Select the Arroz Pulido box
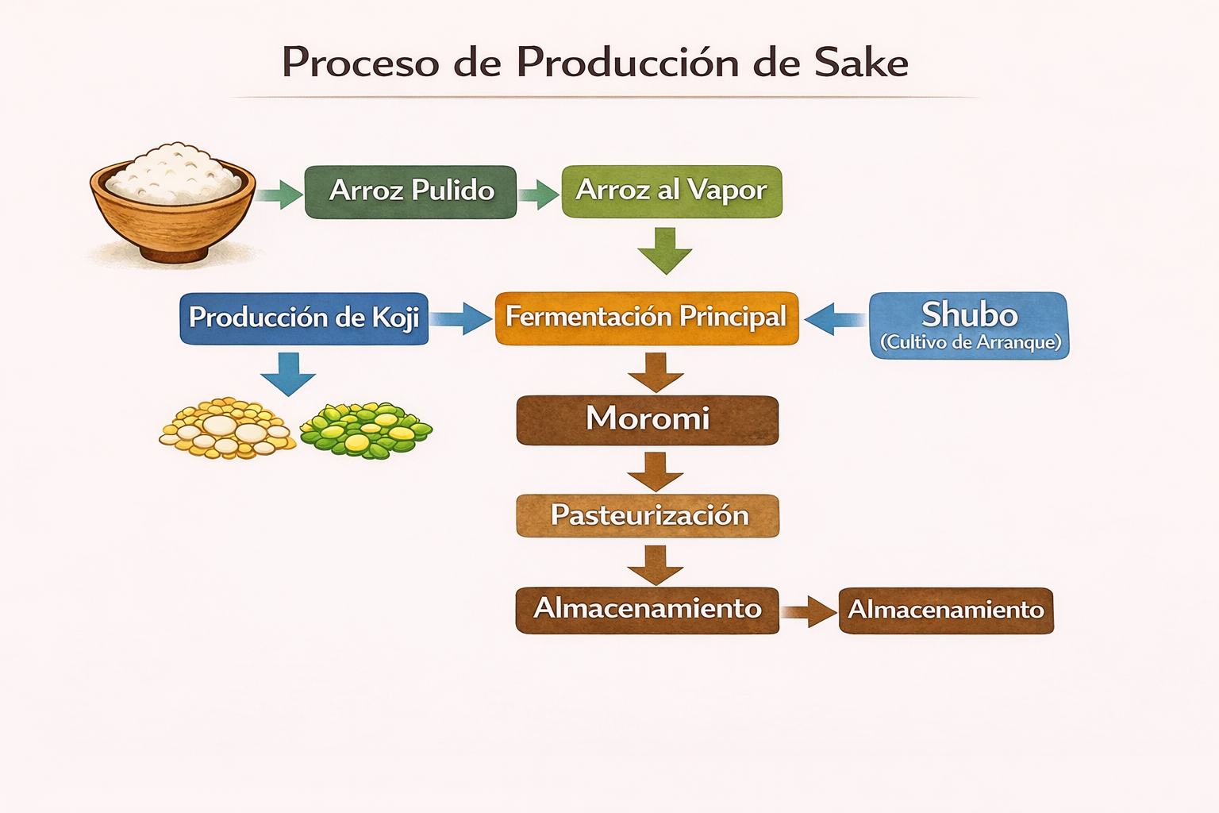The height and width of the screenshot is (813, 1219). pos(410,191)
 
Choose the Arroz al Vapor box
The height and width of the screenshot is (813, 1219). pos(671,191)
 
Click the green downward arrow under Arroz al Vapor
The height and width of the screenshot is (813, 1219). pos(665,251)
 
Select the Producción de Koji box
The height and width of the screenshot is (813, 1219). pos(304,318)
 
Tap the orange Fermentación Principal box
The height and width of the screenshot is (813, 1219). pos(647,318)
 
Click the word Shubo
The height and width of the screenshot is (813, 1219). pos(970,314)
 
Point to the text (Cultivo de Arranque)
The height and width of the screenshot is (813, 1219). pos(971,342)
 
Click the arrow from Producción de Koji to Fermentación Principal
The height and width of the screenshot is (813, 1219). pos(461,318)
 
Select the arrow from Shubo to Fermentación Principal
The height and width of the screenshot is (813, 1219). pos(835,319)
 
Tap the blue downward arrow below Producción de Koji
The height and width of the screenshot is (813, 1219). pos(288,374)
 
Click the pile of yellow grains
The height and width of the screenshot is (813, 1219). pos(227,428)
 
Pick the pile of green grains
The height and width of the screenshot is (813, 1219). pos(366,430)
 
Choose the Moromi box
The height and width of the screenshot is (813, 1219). pos(647,420)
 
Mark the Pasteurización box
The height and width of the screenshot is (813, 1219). pos(648,516)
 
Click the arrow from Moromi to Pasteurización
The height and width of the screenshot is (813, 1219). pos(656,472)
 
